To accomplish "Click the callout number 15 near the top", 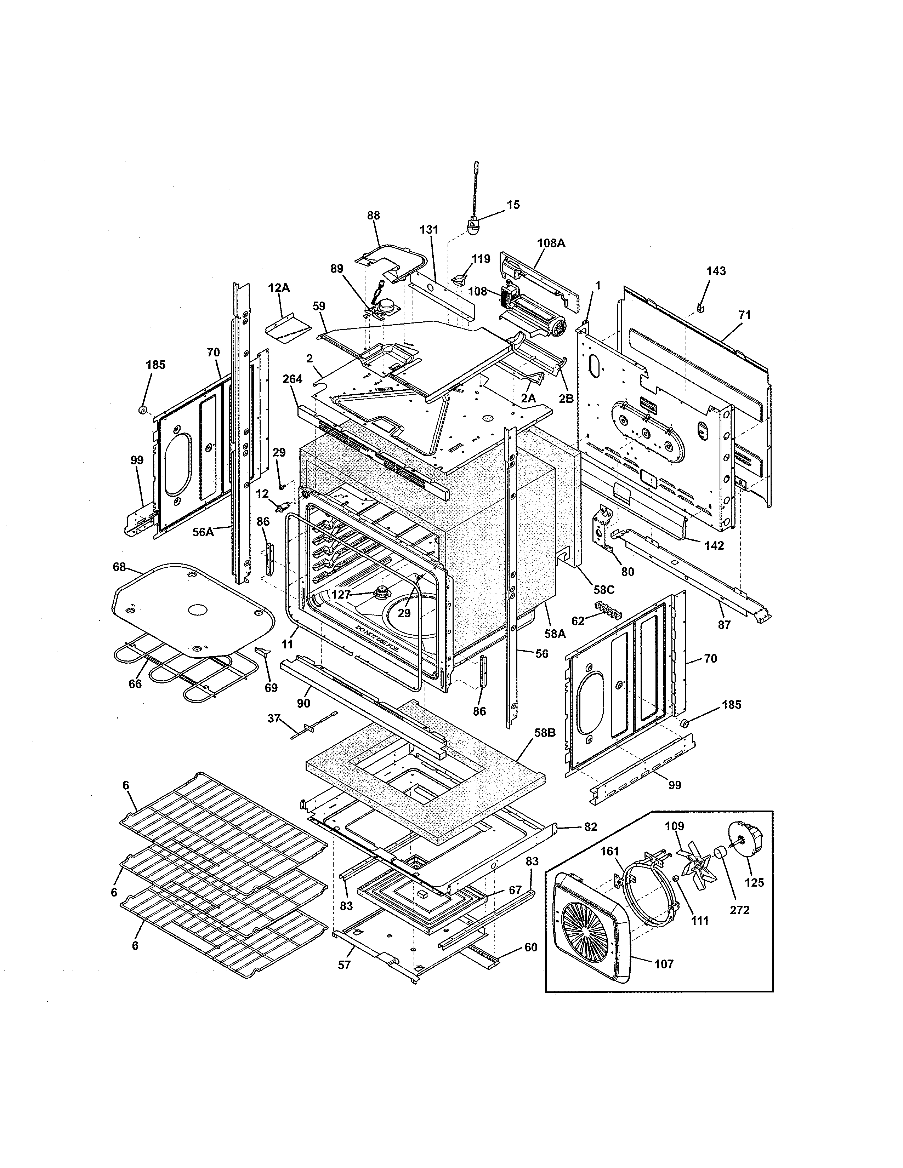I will tap(513, 205).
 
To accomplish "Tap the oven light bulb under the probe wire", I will tap(473, 227).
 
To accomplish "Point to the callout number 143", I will tap(716, 271).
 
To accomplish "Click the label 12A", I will tap(279, 288).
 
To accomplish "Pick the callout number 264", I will tap(293, 379).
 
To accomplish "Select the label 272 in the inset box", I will tap(739, 910).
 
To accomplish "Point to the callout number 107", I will tap(664, 964).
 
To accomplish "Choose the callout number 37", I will tap(274, 719).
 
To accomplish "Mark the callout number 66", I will tap(135, 683).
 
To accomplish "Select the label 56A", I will tap(203, 532).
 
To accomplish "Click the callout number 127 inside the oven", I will tap(341, 594).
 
